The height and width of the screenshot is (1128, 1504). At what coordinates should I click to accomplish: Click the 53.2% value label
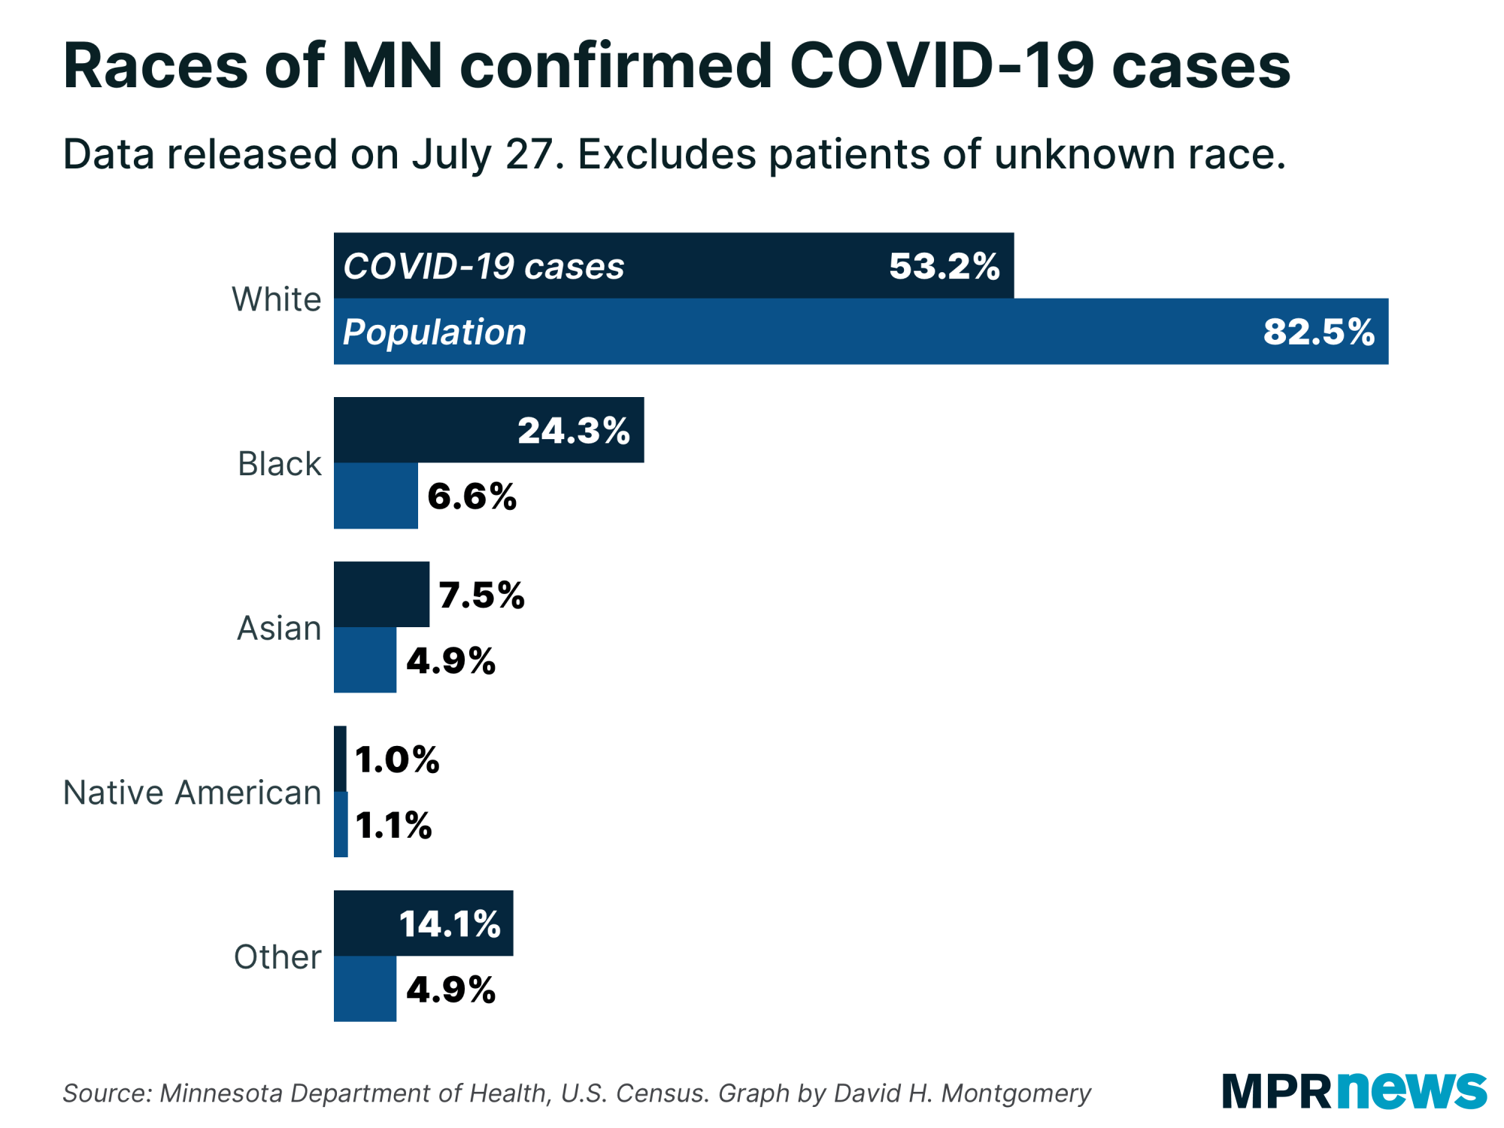click(944, 266)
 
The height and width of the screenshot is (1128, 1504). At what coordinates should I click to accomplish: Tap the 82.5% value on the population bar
click(1318, 332)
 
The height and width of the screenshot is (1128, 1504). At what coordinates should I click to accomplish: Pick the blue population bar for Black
click(375, 496)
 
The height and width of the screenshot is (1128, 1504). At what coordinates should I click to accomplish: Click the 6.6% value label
click(472, 496)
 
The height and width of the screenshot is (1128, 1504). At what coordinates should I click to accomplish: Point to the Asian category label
click(279, 628)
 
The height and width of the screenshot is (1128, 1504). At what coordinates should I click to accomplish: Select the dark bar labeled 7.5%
click(381, 594)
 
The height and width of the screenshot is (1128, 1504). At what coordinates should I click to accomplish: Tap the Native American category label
click(192, 793)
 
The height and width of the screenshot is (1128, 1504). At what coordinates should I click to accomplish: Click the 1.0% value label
click(396, 760)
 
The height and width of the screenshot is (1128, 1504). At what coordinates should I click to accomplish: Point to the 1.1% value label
click(393, 825)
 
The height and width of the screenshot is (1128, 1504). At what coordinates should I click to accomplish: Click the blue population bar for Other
click(365, 989)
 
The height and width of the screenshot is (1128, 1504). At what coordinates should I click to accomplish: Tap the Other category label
click(277, 957)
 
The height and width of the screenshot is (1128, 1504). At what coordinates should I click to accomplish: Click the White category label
click(276, 299)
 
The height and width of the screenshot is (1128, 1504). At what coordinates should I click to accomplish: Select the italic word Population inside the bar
click(434, 332)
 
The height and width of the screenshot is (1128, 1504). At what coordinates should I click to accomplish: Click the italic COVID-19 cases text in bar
click(483, 266)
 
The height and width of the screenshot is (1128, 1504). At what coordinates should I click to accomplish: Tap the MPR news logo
click(1354, 1090)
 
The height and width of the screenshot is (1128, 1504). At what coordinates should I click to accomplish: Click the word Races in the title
click(155, 66)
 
